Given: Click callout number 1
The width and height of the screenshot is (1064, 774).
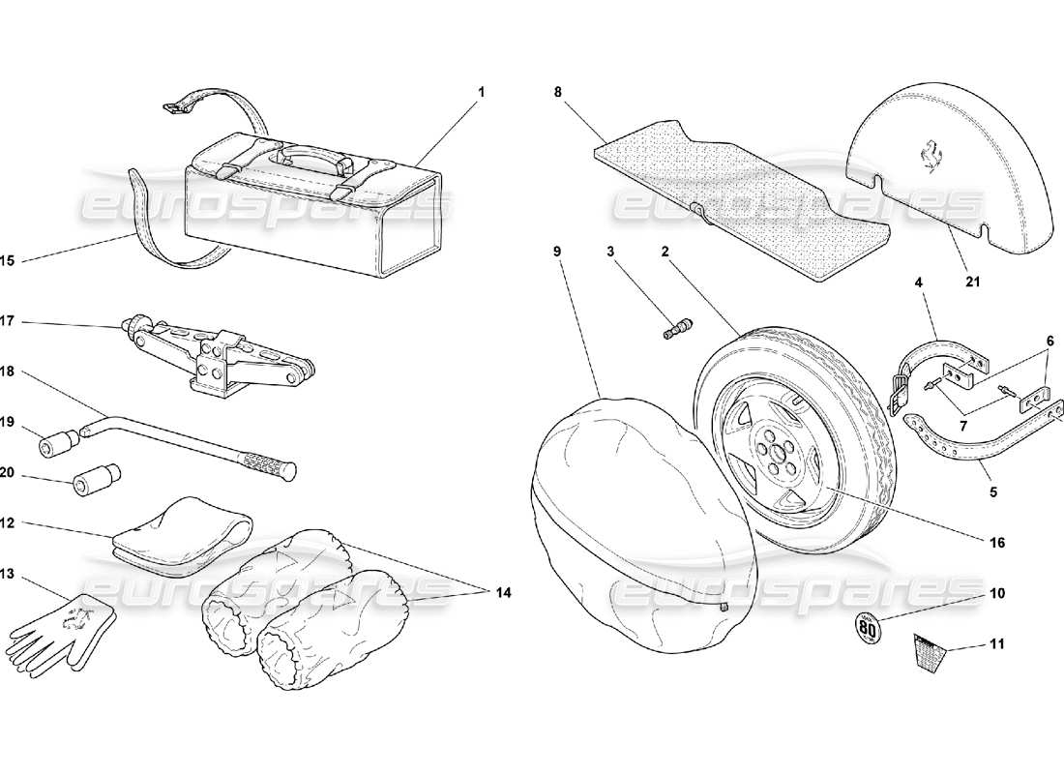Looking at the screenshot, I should point(481,92).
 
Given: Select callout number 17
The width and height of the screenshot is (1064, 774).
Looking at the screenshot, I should point(8,321).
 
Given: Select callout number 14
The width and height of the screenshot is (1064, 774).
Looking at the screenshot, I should point(504,592).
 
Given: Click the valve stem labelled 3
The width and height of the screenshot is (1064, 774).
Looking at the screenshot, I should point(674,328).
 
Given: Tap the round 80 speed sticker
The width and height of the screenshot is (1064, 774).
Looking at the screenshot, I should point(869,630).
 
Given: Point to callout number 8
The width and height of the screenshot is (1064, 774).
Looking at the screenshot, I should point(558,92).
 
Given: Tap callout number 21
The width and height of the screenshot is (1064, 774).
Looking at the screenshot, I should point(973,283).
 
